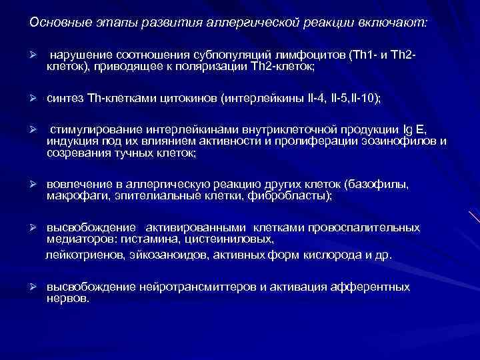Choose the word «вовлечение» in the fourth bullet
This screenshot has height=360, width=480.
(77, 185)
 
